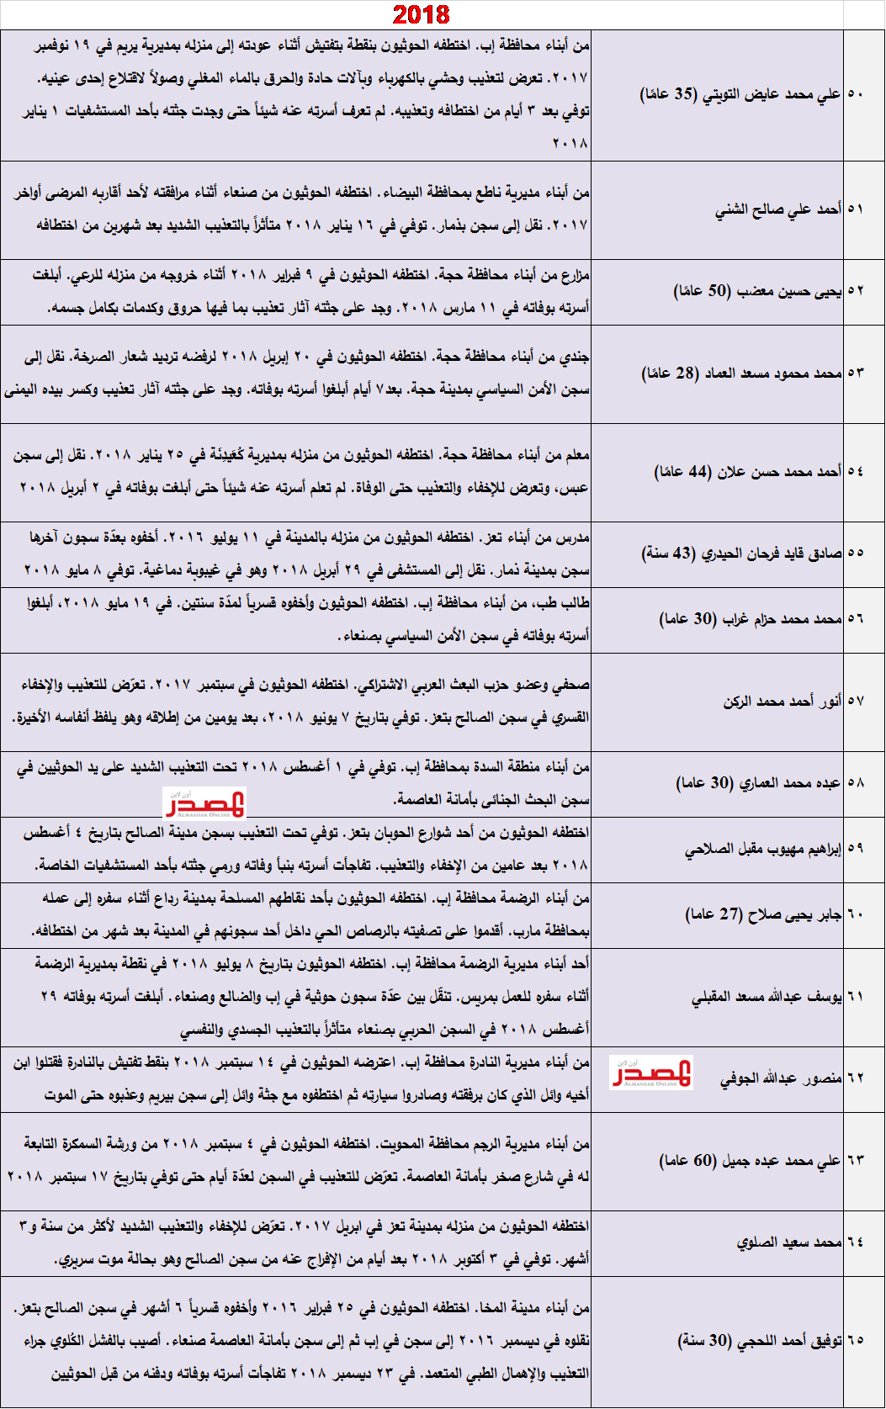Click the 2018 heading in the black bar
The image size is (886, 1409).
pyautogui.click(x=422, y=14)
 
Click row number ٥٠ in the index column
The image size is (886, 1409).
pyautogui.click(x=855, y=94)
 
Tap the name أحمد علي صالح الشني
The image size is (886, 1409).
pyautogui.click(x=778, y=209)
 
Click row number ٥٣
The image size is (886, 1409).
pyautogui.click(x=855, y=373)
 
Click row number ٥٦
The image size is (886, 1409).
pyautogui.click(x=855, y=618)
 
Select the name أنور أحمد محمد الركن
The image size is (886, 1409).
pyautogui.click(x=783, y=701)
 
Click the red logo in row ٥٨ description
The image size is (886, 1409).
pyautogui.click(x=204, y=802)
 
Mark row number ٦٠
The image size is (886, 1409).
pyautogui.click(x=855, y=914)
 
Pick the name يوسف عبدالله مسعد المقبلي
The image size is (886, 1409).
pyautogui.click(x=767, y=997)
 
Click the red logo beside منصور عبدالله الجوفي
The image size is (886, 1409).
pyautogui.click(x=651, y=1073)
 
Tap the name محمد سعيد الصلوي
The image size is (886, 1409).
pyautogui.click(x=789, y=1242)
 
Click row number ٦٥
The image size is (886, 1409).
pyautogui.click(x=855, y=1341)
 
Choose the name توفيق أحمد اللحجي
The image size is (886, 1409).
pyautogui.click(x=787, y=1341)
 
